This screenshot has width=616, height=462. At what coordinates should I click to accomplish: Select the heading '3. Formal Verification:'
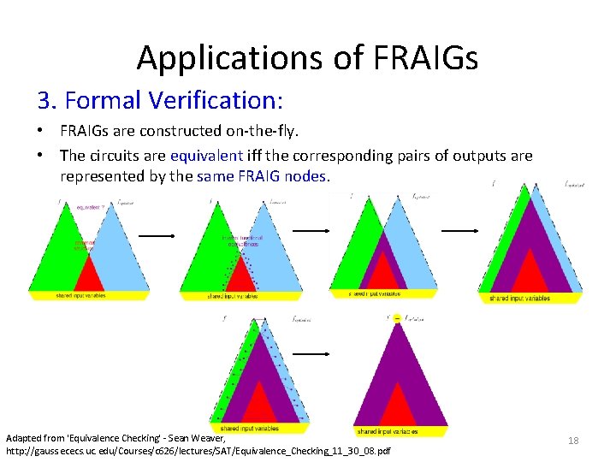pyautogui.click(x=160, y=101)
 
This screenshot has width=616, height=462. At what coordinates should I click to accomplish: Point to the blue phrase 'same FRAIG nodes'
pyautogui.click(x=261, y=176)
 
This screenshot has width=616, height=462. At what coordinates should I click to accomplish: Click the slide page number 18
pyautogui.click(x=573, y=440)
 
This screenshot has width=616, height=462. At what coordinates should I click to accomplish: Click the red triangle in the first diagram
pyautogui.click(x=89, y=275)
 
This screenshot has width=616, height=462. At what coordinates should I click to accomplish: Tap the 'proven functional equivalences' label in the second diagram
pyautogui.click(x=241, y=240)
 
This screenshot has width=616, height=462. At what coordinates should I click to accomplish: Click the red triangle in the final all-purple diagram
pyautogui.click(x=397, y=407)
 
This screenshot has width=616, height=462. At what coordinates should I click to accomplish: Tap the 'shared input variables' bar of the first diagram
pyautogui.click(x=89, y=295)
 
